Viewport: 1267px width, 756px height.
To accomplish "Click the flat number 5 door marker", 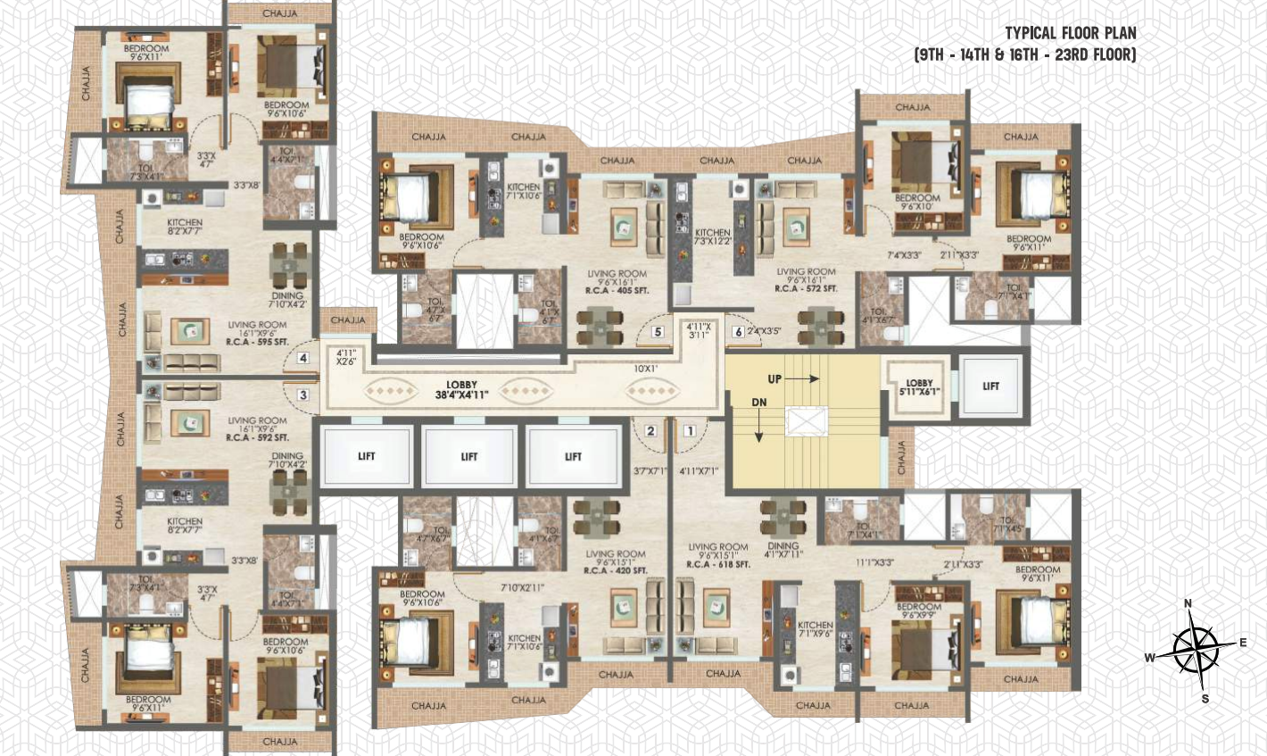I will (658, 332).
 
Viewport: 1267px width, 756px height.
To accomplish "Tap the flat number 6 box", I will (737, 332).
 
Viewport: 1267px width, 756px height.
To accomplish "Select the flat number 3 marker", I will (303, 395).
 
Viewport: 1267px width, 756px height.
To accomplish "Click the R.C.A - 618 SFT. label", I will (717, 565).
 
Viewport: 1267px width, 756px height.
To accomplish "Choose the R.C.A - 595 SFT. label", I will (257, 343).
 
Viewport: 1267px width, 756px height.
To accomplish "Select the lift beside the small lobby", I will (990, 386).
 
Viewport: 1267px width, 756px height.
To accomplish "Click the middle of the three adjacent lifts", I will (469, 456).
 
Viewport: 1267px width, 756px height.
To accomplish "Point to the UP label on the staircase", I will (774, 379).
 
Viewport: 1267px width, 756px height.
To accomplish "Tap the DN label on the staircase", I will (758, 403).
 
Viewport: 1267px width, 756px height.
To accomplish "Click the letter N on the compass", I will (1188, 604).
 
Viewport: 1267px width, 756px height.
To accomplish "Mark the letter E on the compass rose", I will (1242, 643).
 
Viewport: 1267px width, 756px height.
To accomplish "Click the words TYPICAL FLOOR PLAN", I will (1071, 34).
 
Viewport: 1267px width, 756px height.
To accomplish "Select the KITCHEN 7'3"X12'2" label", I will (712, 237).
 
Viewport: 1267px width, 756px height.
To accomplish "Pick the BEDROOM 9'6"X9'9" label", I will (918, 611).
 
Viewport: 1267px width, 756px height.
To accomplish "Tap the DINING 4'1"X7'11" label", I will (783, 550).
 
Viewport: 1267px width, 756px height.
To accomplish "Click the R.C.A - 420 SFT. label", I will (616, 569).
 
